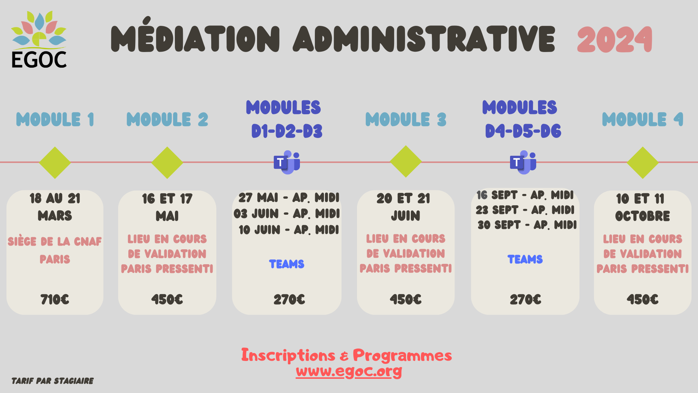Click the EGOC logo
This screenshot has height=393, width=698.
39,39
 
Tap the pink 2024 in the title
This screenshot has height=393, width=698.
615,39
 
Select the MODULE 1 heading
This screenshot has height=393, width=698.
55,119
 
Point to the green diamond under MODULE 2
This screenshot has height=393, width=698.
167,163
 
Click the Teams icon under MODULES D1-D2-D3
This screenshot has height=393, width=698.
287,162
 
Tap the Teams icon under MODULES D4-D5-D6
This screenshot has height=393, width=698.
523,162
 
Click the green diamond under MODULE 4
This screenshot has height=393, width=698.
642,163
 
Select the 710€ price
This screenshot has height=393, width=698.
55,299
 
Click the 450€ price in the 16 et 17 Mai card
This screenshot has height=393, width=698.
167,299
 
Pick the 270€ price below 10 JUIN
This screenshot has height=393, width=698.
289,299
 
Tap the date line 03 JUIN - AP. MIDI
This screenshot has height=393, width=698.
286,214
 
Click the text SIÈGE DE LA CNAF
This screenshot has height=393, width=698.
55,241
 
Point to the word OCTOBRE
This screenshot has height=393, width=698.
642,216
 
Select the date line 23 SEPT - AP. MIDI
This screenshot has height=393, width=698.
525,210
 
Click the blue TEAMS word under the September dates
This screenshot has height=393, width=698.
525,259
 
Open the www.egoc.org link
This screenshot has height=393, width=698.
349,371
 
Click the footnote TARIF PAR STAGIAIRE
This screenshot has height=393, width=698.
53,381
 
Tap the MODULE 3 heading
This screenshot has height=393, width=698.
406,119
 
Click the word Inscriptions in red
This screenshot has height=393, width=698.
288,355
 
